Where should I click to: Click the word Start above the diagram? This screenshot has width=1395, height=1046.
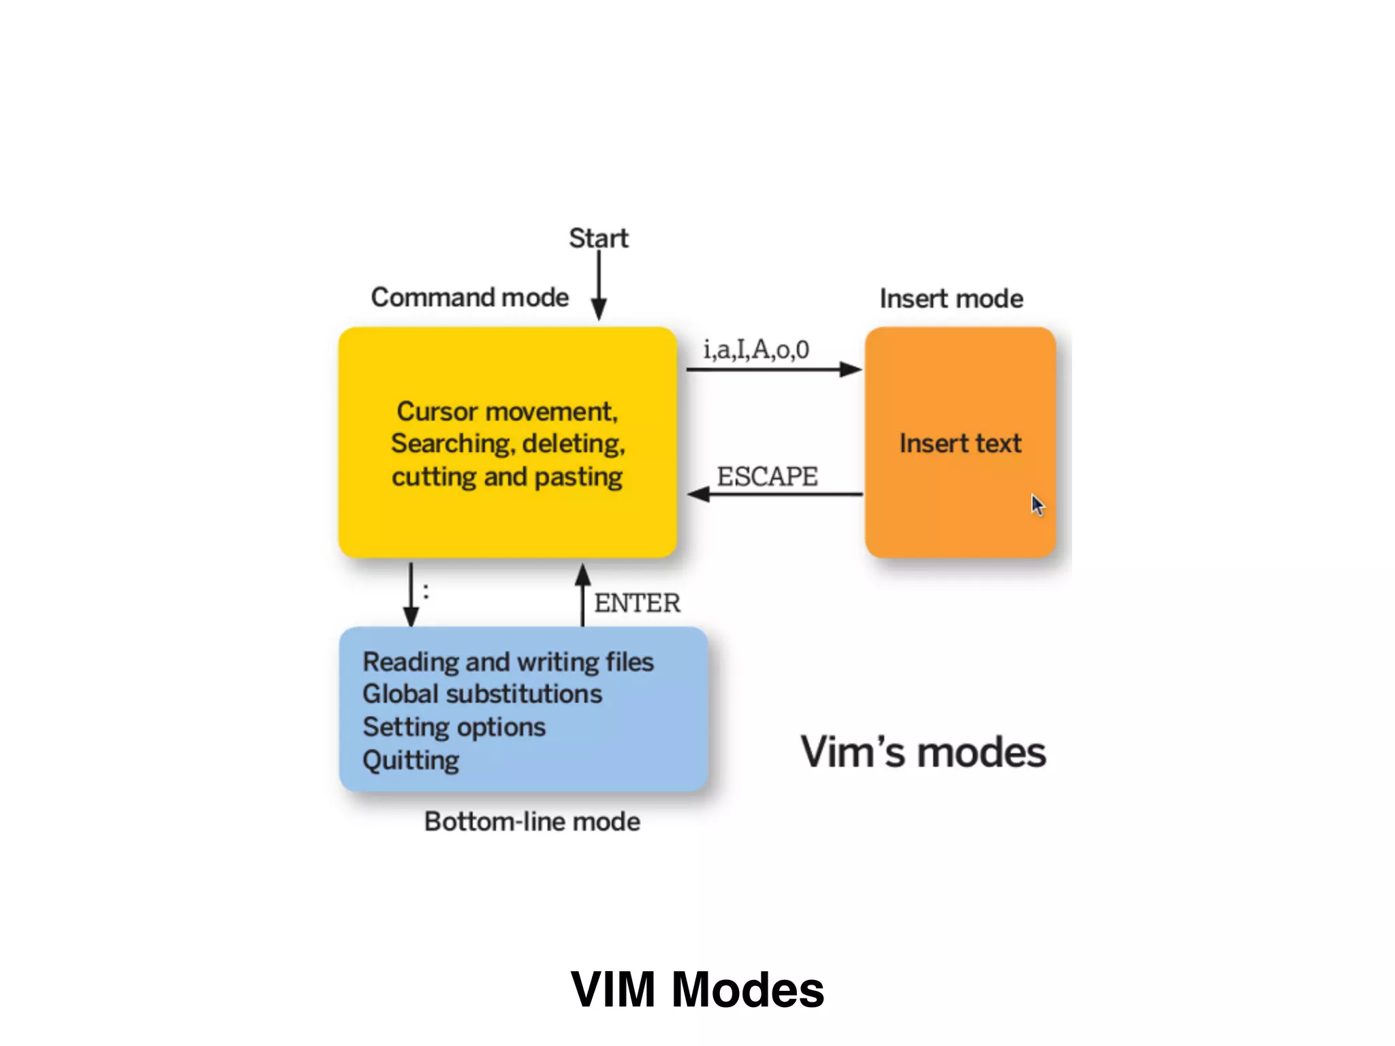coord(598,238)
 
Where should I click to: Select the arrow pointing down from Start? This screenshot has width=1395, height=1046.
coord(599,286)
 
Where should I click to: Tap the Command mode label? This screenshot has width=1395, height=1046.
coord(469,298)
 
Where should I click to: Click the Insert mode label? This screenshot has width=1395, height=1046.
coord(951,299)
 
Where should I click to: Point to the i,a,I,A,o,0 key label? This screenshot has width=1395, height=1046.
coord(756,349)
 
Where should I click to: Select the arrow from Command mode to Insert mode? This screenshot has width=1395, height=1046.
coord(774,369)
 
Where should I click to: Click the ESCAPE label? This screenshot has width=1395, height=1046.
coord(767,476)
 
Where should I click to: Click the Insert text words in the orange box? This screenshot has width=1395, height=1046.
coord(960,443)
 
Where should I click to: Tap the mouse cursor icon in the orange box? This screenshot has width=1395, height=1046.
coord(1037,505)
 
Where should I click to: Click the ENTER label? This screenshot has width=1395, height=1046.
coord(637,603)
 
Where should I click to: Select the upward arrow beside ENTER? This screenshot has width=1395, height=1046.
coord(582,595)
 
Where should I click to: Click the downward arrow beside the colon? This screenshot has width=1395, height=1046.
coord(411,595)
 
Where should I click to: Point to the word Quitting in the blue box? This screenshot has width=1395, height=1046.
coord(411,760)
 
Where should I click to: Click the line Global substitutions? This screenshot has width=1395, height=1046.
coord(482,694)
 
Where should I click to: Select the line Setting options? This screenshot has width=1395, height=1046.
coord(454,727)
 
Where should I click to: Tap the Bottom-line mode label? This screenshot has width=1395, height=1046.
coord(532,821)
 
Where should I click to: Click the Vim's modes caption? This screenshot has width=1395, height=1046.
coord(923,752)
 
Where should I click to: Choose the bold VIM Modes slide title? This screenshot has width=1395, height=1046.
coord(697,989)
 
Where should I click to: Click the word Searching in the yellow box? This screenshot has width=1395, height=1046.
coord(450,444)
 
